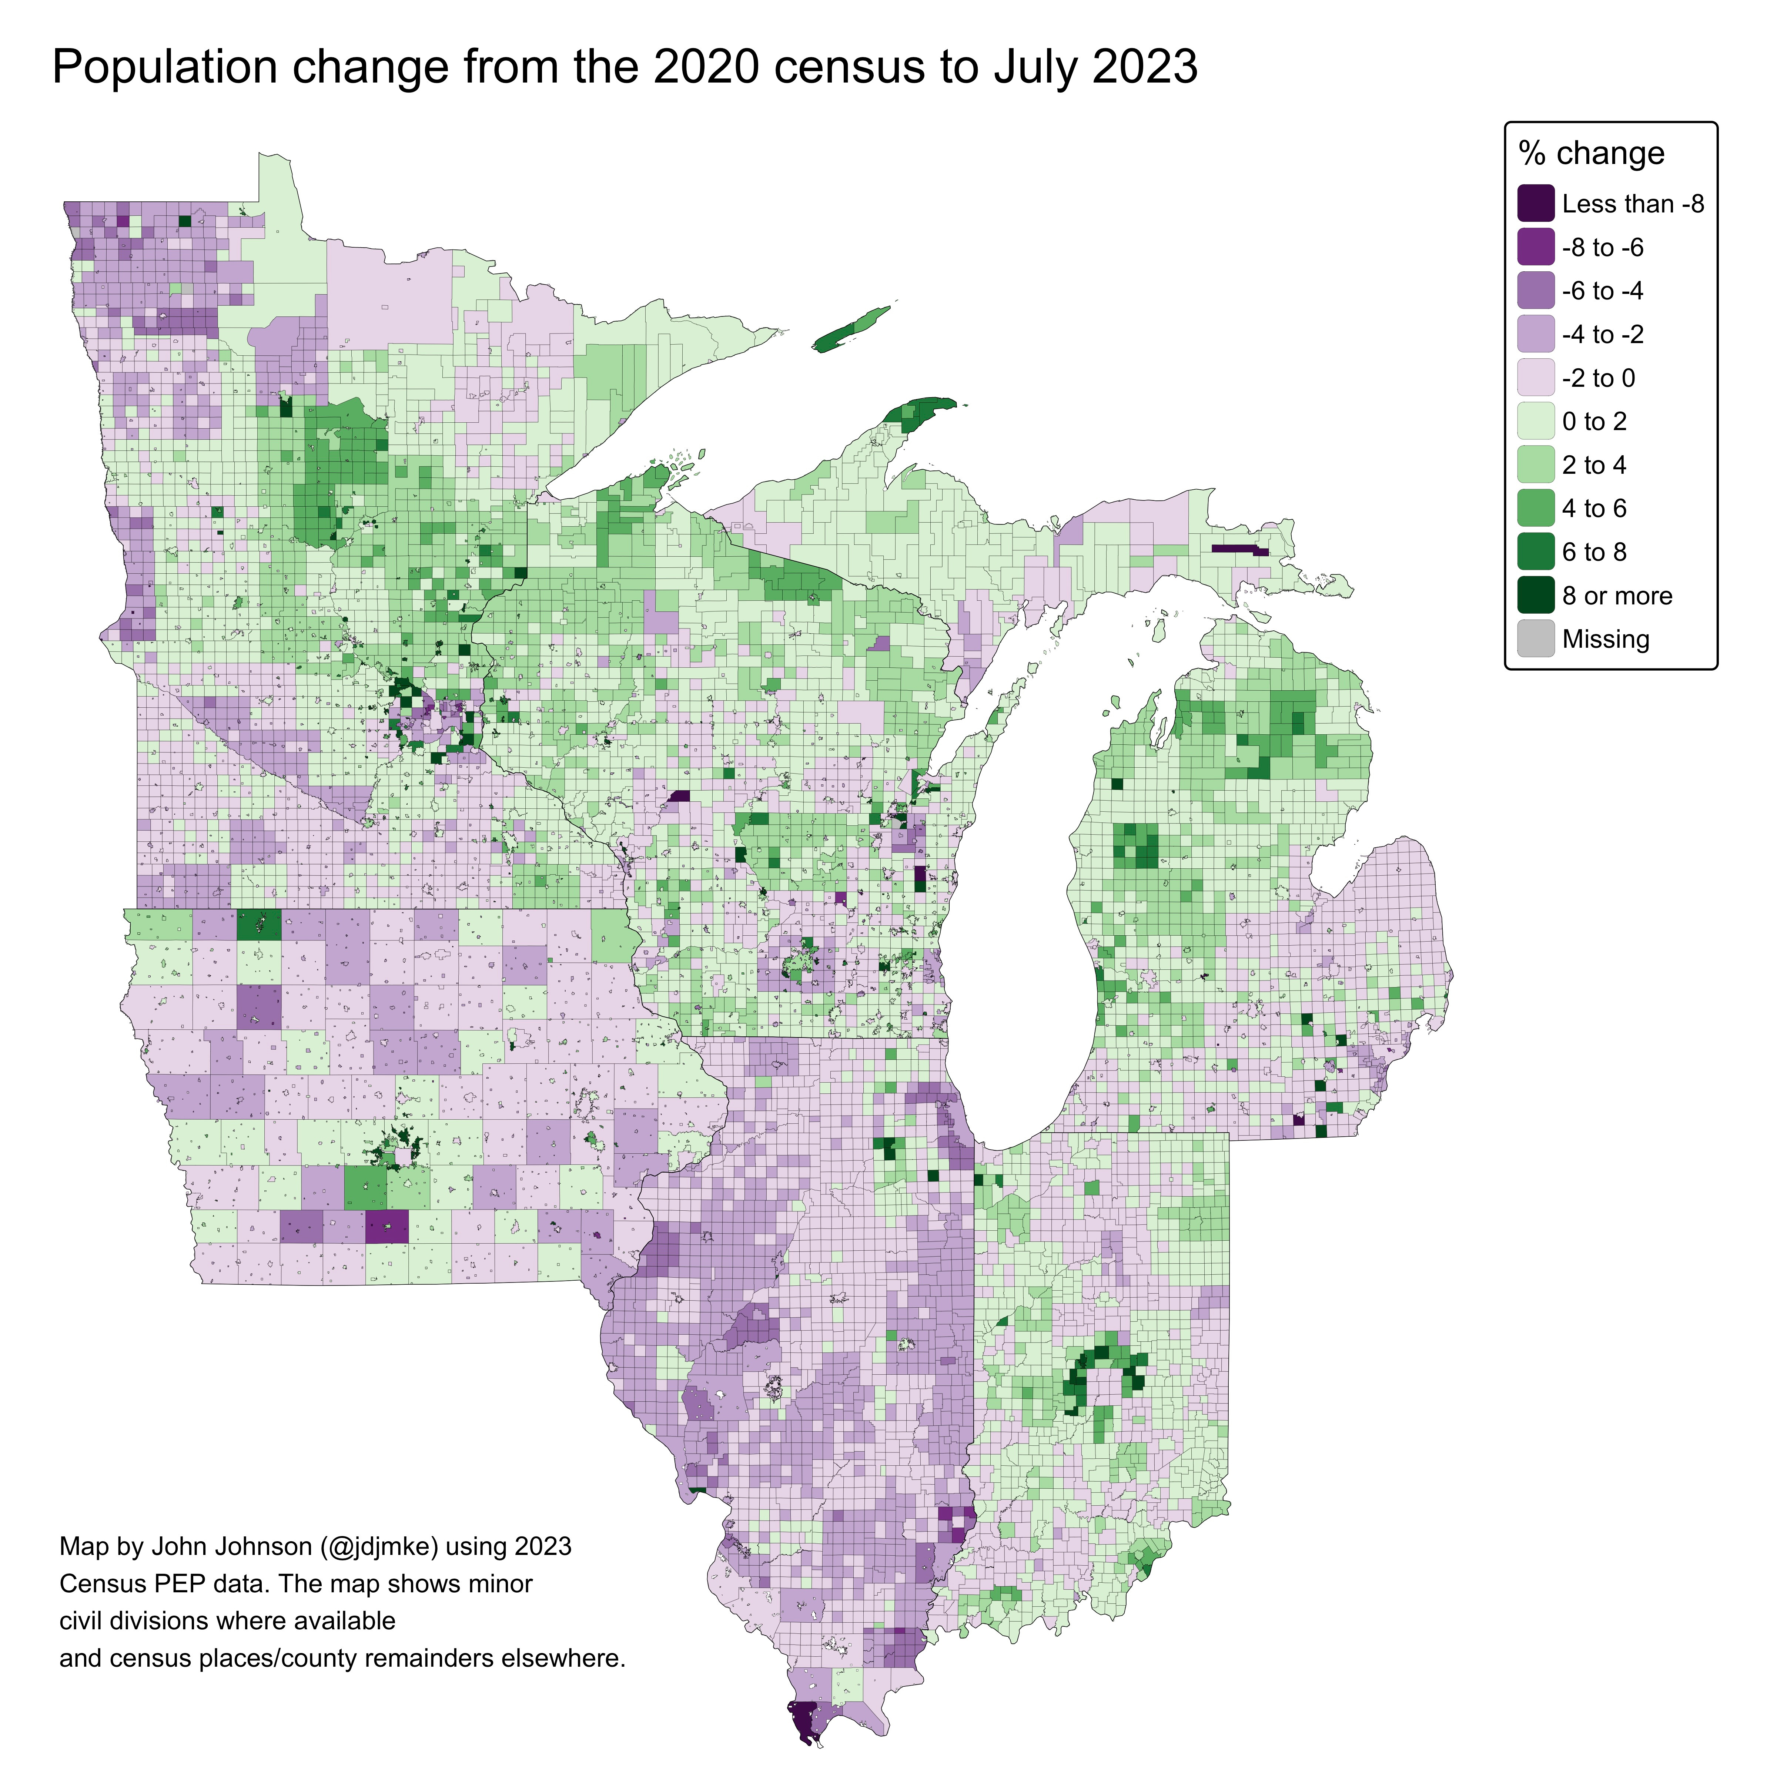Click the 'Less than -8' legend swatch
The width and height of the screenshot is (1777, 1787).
1536,204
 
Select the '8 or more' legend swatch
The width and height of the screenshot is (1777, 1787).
1536,596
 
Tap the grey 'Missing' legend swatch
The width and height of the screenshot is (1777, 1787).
1536,639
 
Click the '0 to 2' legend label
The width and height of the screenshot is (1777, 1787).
1594,422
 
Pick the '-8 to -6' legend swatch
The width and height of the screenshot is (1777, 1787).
1536,247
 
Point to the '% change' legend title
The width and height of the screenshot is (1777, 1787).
1591,152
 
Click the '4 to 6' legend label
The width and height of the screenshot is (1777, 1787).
1594,509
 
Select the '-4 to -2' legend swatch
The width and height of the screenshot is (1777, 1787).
1536,334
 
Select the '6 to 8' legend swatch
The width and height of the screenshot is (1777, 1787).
1536,552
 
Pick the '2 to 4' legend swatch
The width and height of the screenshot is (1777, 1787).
1536,465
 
